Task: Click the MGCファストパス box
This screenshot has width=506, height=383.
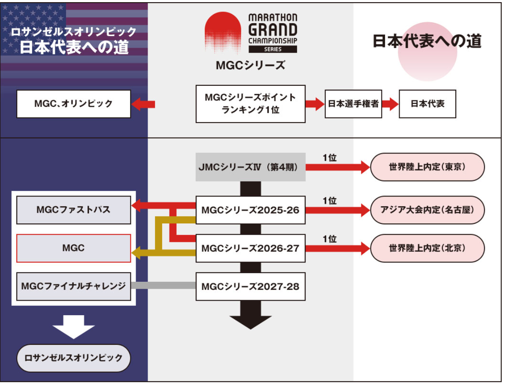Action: click(x=73, y=210)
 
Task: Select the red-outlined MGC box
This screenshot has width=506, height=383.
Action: click(x=73, y=248)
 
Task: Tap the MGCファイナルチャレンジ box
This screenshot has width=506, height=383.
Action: click(x=73, y=286)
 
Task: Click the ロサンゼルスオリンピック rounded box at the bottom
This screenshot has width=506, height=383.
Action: click(x=73, y=358)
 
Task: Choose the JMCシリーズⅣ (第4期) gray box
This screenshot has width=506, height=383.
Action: click(x=251, y=167)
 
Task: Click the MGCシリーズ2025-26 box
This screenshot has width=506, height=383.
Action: click(x=251, y=210)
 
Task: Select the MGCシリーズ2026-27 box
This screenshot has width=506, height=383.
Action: click(x=251, y=248)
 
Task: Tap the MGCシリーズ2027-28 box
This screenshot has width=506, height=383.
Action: click(x=251, y=286)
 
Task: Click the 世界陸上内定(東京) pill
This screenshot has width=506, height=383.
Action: click(x=427, y=167)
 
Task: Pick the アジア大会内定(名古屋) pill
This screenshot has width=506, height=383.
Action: click(x=427, y=210)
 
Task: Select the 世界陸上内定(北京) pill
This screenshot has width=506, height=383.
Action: click(x=427, y=248)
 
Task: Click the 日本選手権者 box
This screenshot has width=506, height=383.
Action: click(x=353, y=104)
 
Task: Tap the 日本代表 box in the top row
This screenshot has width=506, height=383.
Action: click(x=427, y=104)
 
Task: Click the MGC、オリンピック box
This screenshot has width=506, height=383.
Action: click(x=73, y=104)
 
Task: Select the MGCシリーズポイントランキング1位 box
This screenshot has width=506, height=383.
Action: click(x=251, y=104)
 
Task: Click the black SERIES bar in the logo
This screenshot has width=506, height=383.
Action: click(x=273, y=49)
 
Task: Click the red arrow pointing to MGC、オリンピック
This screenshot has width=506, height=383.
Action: click(x=144, y=104)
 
